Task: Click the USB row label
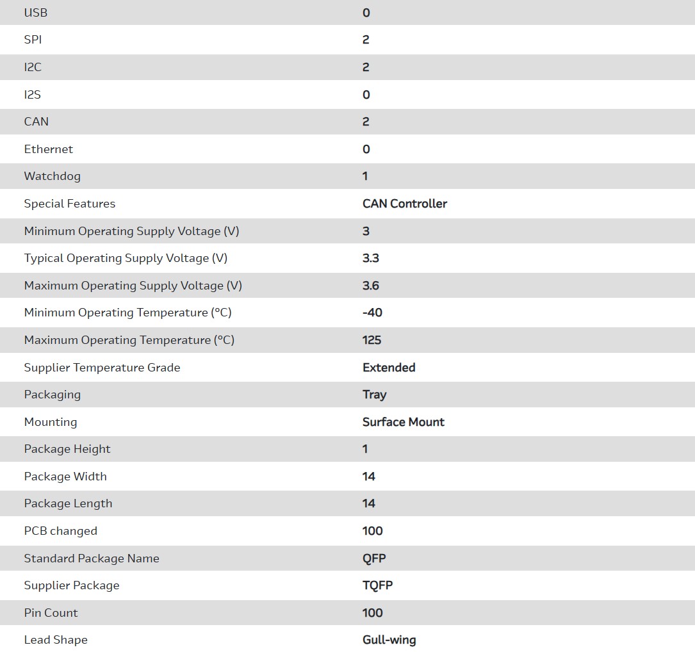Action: tap(36, 13)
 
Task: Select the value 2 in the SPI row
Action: tap(366, 40)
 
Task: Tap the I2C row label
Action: tap(33, 67)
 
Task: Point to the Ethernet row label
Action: tap(49, 149)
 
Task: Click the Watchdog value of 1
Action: tap(365, 176)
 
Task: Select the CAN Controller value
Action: tap(405, 204)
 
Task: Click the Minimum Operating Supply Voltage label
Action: tap(131, 231)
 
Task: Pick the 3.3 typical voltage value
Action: tap(371, 258)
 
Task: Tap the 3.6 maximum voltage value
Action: tap(371, 286)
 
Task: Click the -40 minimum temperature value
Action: tap(373, 313)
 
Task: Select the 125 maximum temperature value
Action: tap(372, 340)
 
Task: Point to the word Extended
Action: tap(389, 368)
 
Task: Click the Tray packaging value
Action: tap(374, 395)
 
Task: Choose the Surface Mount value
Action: tap(404, 422)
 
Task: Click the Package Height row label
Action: tap(67, 449)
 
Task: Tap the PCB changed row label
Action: tap(61, 531)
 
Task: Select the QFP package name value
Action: tap(374, 558)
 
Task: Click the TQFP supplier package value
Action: tap(378, 585)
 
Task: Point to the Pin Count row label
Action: tap(51, 613)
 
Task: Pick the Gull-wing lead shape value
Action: tap(389, 640)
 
